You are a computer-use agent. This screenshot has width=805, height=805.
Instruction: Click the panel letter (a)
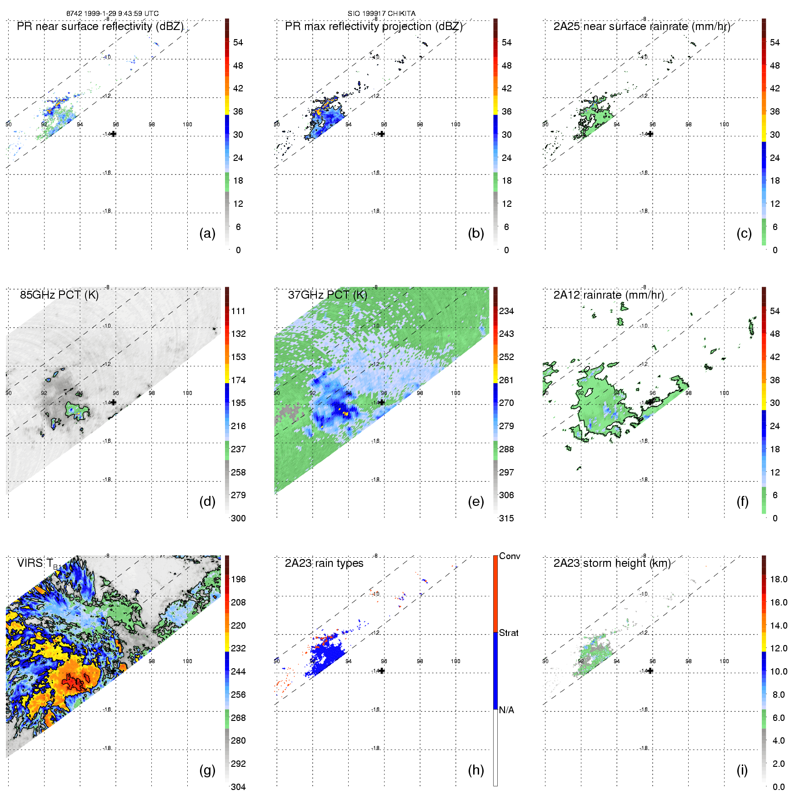pos(207,233)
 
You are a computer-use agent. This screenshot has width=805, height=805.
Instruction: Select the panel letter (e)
pos(475,501)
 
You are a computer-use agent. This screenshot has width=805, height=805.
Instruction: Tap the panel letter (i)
pos(742,770)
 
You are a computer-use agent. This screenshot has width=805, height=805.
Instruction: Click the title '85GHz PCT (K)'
pos(59,295)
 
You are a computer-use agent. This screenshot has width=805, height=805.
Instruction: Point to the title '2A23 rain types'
pos(324,563)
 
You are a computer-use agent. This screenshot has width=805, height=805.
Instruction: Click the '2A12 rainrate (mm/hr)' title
pos(608,295)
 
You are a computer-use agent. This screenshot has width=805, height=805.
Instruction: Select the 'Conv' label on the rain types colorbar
pos(509,556)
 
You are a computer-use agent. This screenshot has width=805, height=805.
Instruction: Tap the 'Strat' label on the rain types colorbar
pos(508,633)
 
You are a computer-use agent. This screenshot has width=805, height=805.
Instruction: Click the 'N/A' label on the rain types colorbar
pos(506,710)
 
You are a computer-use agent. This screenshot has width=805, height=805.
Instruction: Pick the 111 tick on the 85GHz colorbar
pos(238,311)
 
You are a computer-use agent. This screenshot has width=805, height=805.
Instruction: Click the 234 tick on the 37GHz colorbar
pos(506,311)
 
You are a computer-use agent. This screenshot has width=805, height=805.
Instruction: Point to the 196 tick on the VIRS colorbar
pos(238,579)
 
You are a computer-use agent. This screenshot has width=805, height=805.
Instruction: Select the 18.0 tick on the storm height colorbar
pos(778,579)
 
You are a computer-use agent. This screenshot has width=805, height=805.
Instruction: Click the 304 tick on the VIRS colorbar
pos(238,787)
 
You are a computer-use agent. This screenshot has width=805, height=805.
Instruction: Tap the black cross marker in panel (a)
pos(114,134)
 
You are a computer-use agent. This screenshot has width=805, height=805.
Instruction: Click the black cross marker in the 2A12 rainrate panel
pos(650,402)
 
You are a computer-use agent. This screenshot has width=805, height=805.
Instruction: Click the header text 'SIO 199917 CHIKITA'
pos(381,14)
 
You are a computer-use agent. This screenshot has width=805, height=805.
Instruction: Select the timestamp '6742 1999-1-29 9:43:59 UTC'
pos(112,14)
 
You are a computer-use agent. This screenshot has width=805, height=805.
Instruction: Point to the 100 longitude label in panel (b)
pos(455,125)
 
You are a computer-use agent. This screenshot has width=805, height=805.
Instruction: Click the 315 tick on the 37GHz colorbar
pos(506,518)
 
